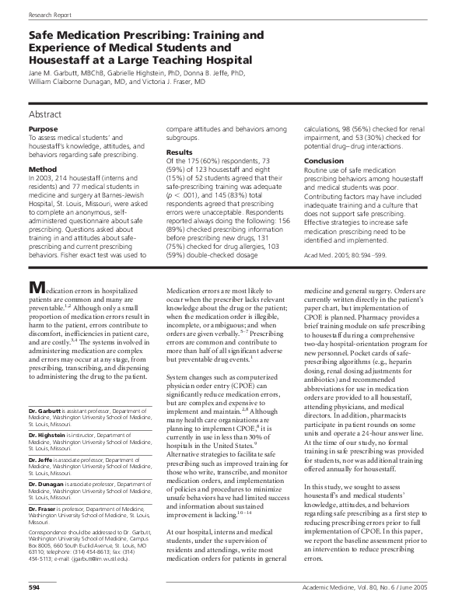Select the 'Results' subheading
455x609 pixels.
pos(180,152)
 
